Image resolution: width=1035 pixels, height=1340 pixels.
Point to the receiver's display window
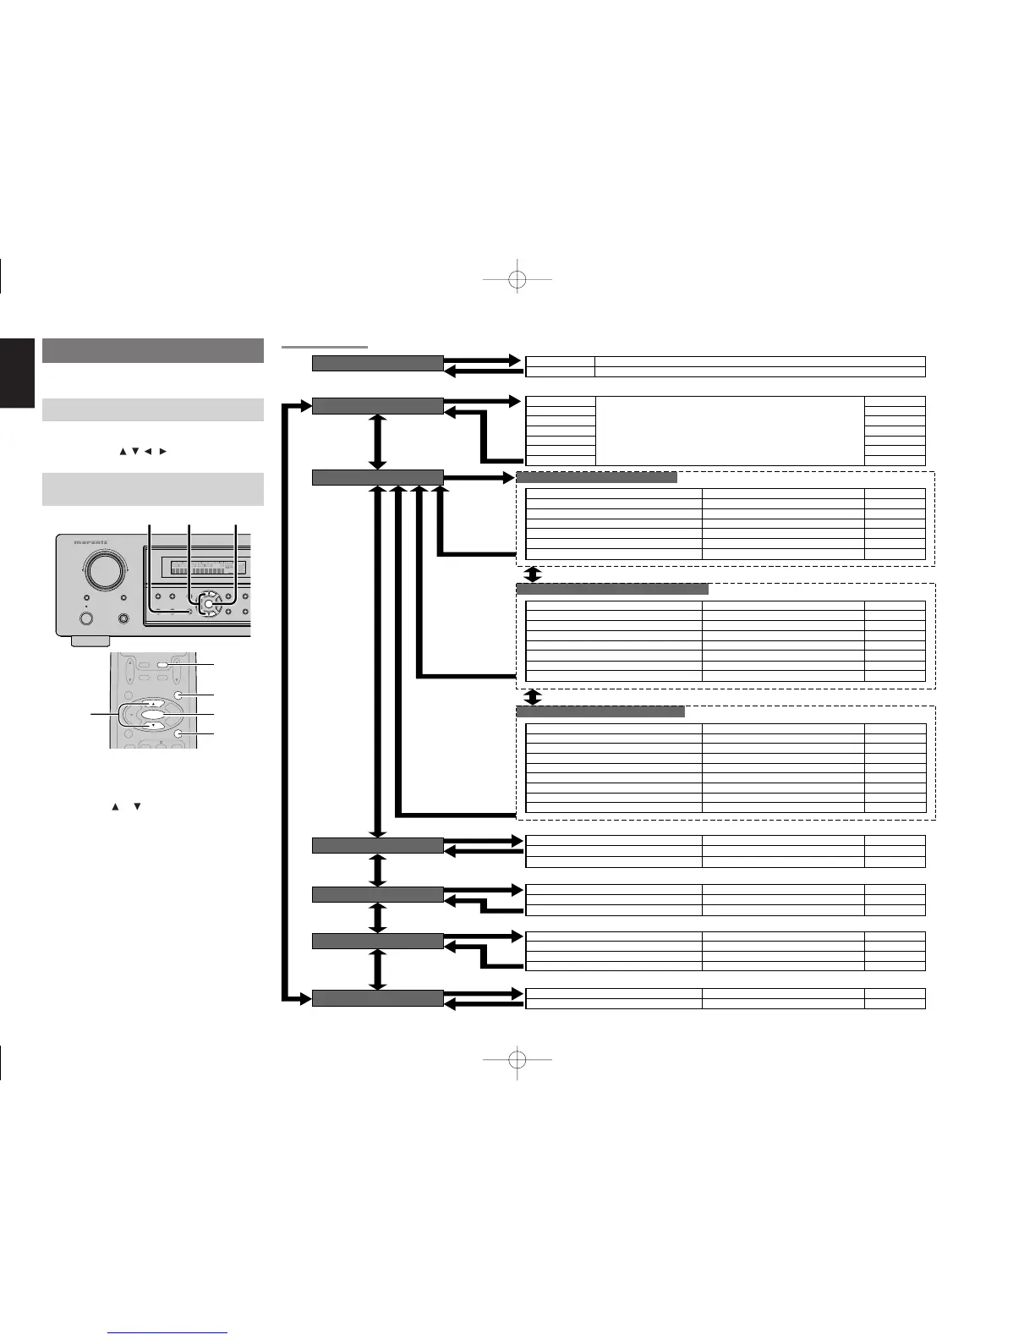[205, 567]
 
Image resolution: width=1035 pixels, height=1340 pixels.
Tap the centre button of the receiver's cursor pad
[209, 606]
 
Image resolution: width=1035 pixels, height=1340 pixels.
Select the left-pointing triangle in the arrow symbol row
[147, 451]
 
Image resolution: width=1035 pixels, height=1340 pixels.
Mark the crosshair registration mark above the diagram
[517, 279]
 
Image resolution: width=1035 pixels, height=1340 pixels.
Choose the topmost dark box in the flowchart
[377, 364]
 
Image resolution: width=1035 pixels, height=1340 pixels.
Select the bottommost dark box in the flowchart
[377, 998]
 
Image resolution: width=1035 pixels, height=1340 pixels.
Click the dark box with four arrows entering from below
[377, 477]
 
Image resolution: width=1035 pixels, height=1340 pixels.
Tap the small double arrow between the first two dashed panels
[533, 574]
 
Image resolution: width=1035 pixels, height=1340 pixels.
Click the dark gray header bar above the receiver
[153, 350]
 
